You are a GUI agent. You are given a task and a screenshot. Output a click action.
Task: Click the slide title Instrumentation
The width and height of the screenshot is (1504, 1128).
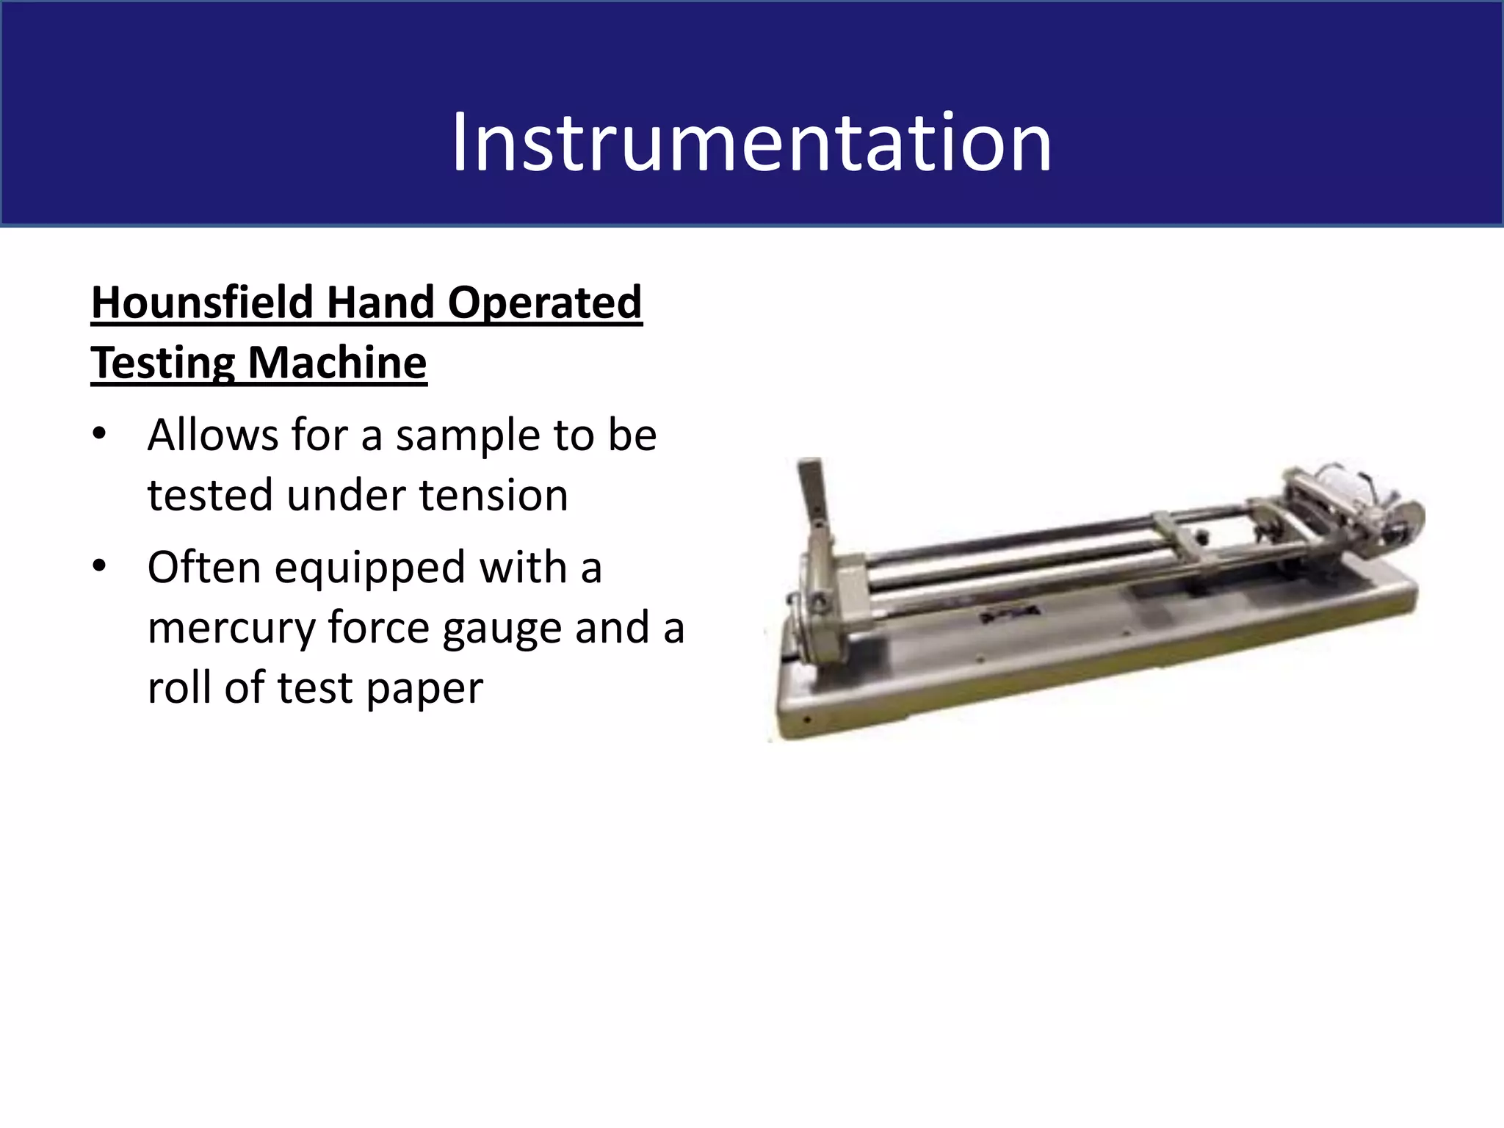pos(751,142)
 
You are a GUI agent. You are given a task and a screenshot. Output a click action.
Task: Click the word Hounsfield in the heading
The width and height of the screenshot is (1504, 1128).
pos(203,303)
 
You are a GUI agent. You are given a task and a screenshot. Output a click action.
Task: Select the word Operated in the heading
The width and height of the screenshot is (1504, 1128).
pos(544,303)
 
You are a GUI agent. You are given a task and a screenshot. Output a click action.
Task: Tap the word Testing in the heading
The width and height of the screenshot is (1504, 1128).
pos(163,363)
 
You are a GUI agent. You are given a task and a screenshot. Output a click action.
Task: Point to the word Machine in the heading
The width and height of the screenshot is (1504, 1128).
pos(337,363)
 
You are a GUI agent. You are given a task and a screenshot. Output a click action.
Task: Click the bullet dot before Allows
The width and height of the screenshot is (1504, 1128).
pos(100,435)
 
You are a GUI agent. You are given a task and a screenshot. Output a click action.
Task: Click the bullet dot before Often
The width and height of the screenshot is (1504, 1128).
pos(100,567)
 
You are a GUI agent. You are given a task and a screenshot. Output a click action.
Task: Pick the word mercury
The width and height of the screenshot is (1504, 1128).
pos(231,628)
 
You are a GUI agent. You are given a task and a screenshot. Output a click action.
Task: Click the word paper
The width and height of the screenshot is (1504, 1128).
pos(424,688)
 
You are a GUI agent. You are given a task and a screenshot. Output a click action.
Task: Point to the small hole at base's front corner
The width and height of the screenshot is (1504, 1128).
pos(806,720)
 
